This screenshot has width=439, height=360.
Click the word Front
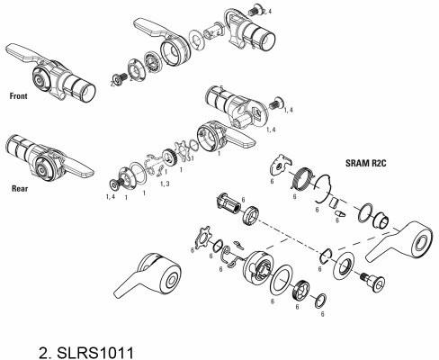18,96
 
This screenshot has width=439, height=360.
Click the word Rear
20,189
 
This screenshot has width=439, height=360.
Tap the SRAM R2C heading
366,163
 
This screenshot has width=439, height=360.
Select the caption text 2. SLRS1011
86,353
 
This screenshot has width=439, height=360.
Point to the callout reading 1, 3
165,184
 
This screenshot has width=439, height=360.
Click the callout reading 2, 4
267,12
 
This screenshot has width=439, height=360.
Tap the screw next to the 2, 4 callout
254,10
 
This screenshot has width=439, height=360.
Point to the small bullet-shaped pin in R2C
339,214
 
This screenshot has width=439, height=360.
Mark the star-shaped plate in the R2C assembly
203,238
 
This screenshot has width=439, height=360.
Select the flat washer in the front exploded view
196,38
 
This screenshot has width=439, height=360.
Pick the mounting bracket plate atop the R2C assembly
281,166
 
